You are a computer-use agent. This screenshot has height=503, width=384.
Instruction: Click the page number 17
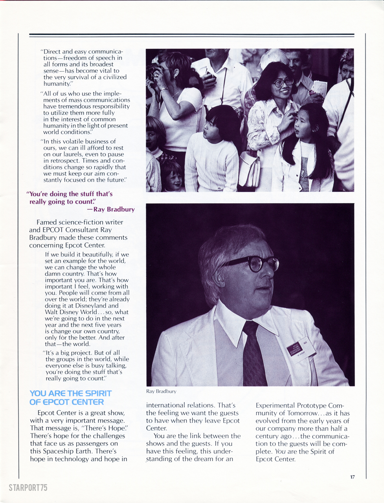352,477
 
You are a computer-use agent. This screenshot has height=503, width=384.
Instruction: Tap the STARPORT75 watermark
28,488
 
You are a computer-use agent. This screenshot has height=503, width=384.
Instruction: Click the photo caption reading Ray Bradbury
161,391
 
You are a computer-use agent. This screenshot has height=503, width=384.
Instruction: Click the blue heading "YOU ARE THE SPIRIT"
71,393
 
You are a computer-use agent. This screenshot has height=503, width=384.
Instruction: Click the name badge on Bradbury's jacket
301,347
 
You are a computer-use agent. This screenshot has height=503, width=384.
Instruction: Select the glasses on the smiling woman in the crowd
283,83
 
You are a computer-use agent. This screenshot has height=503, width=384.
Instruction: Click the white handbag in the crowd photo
250,169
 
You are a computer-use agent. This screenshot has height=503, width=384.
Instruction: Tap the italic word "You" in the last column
280,452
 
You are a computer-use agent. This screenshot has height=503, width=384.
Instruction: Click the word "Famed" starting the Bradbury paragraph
46,222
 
